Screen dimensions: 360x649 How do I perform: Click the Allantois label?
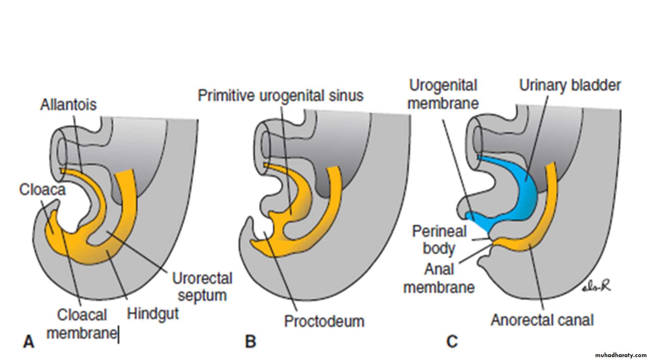(68, 105)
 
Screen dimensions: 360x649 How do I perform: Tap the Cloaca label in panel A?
(42, 190)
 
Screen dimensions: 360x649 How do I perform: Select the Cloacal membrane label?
(82, 324)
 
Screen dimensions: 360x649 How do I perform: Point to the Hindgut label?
(153, 314)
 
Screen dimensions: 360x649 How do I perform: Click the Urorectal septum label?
(202, 287)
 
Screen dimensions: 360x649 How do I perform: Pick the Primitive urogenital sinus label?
(281, 96)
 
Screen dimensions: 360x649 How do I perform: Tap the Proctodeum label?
(324, 321)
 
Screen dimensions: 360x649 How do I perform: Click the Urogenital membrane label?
(443, 94)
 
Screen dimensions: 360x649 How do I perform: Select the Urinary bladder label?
(570, 86)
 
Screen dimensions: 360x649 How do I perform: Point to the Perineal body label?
(439, 240)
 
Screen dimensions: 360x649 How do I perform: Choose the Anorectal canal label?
(542, 320)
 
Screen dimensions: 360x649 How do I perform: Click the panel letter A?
(29, 341)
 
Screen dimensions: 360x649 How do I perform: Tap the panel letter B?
(250, 341)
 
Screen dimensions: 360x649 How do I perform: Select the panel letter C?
(452, 341)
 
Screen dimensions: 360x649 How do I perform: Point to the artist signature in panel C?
(597, 287)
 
